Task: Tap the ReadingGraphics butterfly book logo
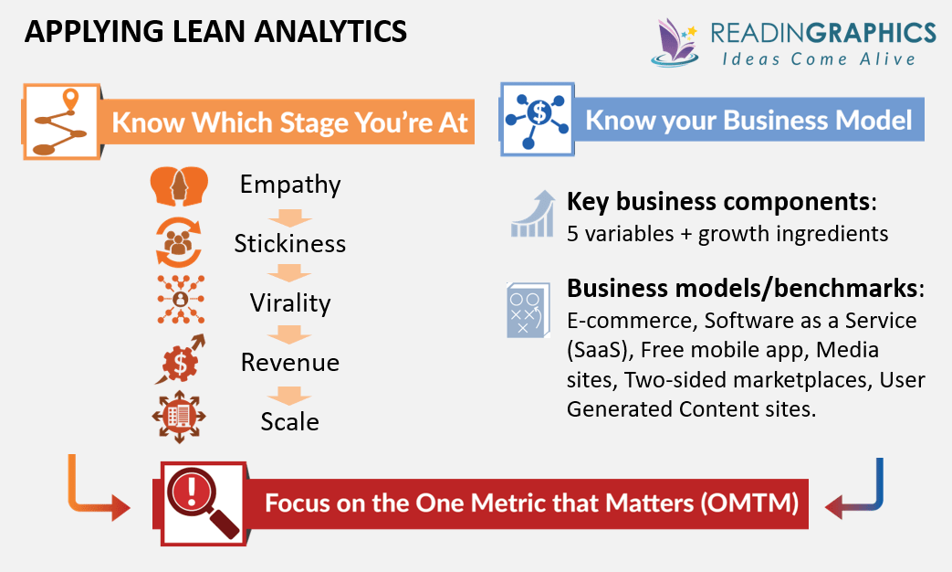pyautogui.click(x=677, y=42)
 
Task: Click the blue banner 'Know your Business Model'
pyautogui.click(x=748, y=121)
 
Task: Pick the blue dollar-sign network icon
pyautogui.click(x=536, y=121)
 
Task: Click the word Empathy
pyautogui.click(x=290, y=185)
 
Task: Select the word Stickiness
pyautogui.click(x=290, y=244)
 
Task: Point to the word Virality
pyautogui.click(x=290, y=303)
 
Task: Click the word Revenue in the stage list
pyautogui.click(x=290, y=363)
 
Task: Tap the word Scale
pyautogui.click(x=290, y=421)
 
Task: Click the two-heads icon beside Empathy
pyautogui.click(x=179, y=186)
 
